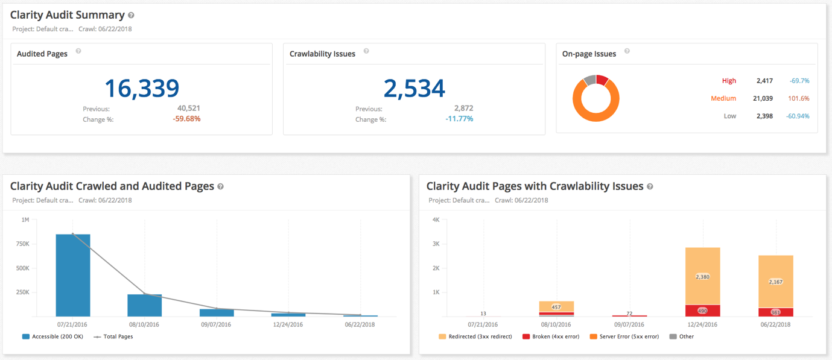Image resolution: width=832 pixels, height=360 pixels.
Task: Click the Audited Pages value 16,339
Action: coord(142,88)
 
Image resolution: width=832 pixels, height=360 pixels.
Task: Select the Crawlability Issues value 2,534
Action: coord(414,88)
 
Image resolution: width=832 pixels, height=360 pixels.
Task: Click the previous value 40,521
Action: coord(188,109)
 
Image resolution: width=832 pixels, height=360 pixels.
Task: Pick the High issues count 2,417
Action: coord(764,81)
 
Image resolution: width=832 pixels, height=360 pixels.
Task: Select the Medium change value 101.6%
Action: coord(798,98)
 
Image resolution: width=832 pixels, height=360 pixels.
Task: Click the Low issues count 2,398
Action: coord(764,116)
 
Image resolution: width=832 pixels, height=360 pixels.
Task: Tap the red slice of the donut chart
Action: coord(602,80)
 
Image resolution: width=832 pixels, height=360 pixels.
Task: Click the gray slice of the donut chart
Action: coord(589,80)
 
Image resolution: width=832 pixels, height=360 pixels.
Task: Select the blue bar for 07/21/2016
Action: coord(73,274)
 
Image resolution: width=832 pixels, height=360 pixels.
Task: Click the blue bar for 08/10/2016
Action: coord(144,305)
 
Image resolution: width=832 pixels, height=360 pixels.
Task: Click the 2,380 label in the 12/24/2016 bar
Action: coord(702,277)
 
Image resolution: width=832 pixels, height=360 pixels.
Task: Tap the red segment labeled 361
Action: coord(775,312)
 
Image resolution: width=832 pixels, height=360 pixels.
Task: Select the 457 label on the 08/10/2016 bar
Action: coord(556,307)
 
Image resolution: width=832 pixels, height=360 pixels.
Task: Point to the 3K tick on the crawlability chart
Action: coord(436,244)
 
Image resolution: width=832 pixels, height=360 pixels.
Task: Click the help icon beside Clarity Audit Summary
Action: coord(132,16)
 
